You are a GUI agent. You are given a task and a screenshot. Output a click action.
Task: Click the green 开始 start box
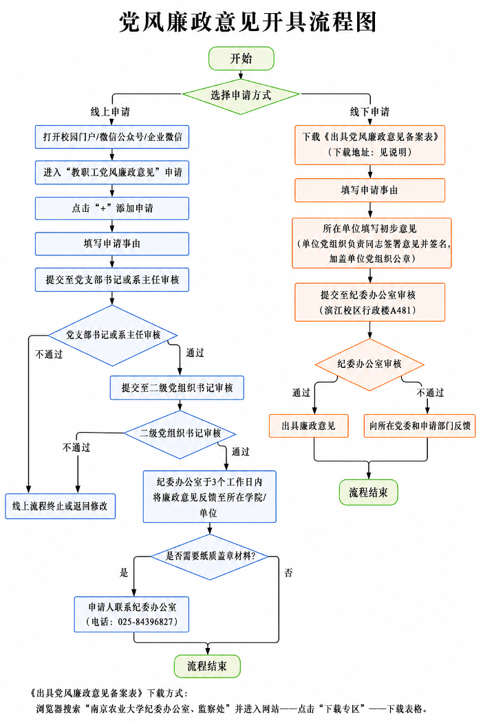241,58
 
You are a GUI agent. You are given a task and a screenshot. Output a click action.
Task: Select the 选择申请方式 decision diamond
241,95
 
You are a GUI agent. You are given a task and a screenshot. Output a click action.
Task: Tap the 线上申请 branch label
110,112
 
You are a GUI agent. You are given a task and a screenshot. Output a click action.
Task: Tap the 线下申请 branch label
369,112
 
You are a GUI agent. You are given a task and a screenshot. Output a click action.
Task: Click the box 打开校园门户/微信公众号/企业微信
112,137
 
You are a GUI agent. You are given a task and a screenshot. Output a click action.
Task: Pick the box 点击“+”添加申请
112,208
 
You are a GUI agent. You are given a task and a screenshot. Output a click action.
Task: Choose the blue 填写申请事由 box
112,244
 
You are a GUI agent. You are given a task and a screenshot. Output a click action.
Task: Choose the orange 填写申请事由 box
369,190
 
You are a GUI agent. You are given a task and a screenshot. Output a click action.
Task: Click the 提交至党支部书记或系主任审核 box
112,280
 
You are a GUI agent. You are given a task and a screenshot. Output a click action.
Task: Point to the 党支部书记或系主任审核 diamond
112,335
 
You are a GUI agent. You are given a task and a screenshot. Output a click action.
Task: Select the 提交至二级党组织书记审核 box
177,387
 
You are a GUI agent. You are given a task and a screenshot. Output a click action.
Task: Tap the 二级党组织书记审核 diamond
180,434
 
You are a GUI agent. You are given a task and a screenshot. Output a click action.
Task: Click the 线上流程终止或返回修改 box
60,506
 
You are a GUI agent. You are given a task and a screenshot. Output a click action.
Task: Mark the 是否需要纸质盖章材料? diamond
210,556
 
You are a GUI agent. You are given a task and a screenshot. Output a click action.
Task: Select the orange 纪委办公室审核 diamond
369,365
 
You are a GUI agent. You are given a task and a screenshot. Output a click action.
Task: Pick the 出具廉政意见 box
308,426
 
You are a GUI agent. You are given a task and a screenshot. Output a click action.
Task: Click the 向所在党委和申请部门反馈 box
420,426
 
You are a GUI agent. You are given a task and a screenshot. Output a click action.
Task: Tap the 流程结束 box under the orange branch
369,493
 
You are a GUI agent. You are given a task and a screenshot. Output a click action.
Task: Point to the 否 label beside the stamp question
289,573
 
